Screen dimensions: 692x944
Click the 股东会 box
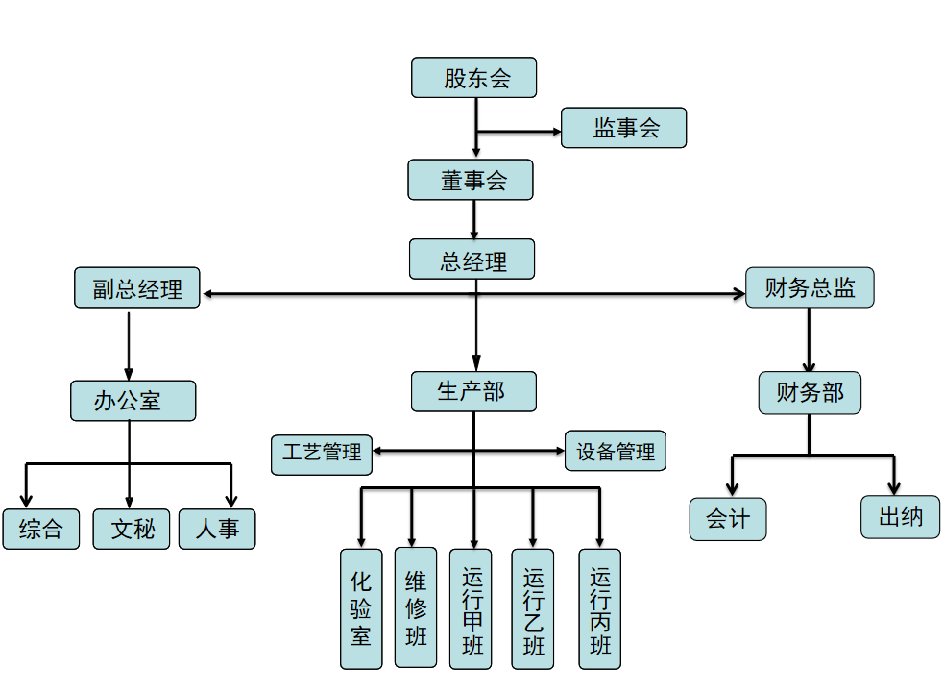[x=473, y=78]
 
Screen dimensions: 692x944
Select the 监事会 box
[x=623, y=128]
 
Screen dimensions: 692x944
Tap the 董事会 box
[x=471, y=180]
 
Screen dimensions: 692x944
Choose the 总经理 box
[x=472, y=259]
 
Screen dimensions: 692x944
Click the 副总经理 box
[x=137, y=287]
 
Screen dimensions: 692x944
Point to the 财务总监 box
[x=810, y=287]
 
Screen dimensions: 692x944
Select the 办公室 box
[x=133, y=401]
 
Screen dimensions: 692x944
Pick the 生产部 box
[x=473, y=391]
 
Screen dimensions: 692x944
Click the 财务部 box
[x=810, y=393]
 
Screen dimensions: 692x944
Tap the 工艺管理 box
[x=322, y=451]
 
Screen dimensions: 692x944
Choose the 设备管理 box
[x=615, y=451]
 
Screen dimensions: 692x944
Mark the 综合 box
[x=40, y=529]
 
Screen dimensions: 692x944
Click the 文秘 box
[x=132, y=529]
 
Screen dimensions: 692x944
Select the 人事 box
[x=217, y=529]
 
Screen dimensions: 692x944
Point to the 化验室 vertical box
[x=361, y=608]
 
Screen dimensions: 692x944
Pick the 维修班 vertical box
[x=416, y=607]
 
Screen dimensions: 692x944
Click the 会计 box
[x=728, y=519]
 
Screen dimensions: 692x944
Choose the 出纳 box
[x=900, y=517]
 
